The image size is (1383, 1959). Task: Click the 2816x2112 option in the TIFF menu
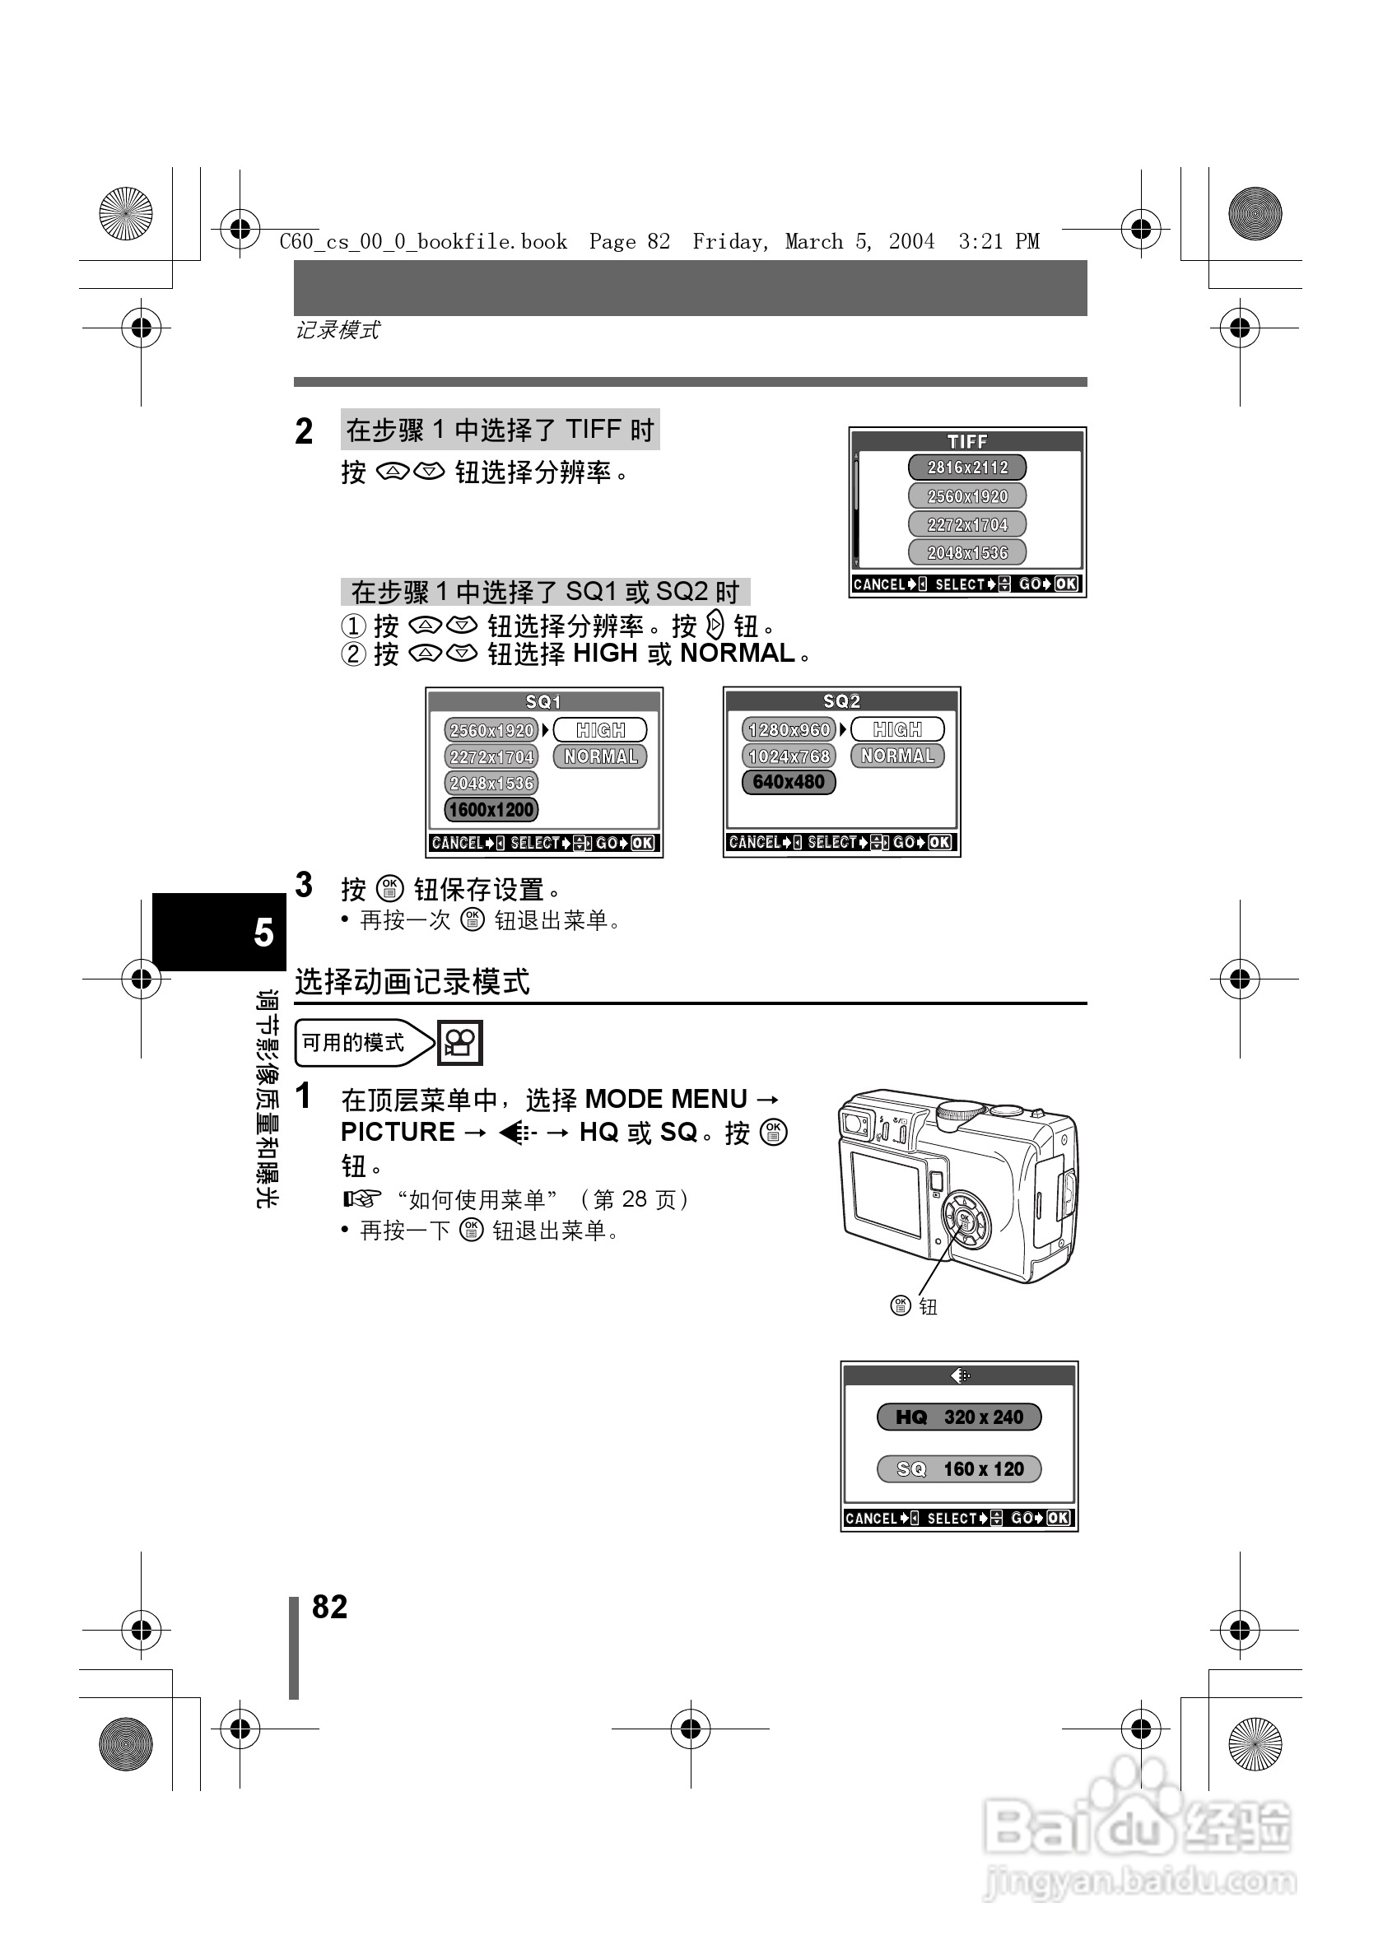coord(966,468)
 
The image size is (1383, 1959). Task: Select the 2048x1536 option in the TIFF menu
coord(966,553)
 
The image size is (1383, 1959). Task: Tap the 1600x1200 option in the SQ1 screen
coord(491,810)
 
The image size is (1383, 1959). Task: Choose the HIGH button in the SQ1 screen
coord(600,730)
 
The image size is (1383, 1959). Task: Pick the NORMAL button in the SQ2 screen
coord(896,756)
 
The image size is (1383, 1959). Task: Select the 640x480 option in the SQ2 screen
coord(789,783)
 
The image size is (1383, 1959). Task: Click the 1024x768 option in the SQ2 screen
coord(789,756)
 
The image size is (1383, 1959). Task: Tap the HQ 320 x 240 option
coord(959,1417)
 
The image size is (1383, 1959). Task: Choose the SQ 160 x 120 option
coord(959,1469)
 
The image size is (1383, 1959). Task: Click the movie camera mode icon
coord(460,1043)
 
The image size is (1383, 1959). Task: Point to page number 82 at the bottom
coord(329,1608)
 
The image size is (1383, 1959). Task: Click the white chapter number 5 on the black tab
coord(263,933)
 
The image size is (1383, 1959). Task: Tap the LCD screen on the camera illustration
coord(886,1194)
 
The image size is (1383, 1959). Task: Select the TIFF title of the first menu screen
coord(966,441)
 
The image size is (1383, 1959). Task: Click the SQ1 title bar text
coord(543,701)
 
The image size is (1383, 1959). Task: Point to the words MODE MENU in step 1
coord(665,1099)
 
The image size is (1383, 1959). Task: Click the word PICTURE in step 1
coord(398,1133)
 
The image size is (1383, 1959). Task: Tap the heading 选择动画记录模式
coord(412,982)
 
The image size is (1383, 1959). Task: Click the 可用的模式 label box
coord(353,1043)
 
